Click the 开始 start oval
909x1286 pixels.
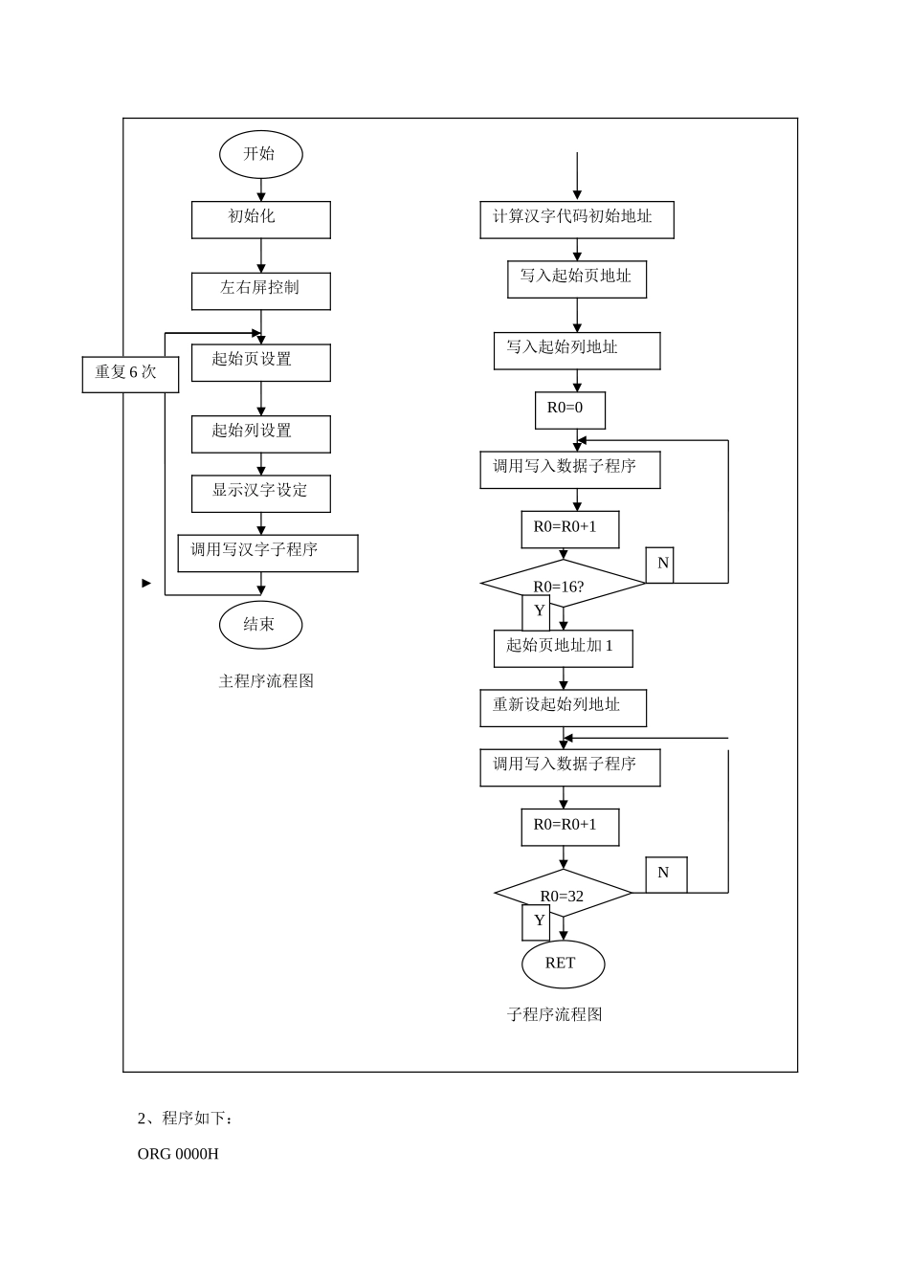[x=260, y=154]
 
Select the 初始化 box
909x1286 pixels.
[x=260, y=219]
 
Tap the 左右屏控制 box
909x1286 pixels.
[x=260, y=291]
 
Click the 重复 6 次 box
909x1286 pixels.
[x=130, y=374]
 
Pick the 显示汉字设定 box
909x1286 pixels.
[x=260, y=494]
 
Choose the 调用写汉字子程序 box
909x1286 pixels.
[x=267, y=553]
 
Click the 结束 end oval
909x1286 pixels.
[x=260, y=625]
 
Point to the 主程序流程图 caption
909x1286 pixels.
[x=266, y=681]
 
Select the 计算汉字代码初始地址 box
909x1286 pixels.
[x=576, y=219]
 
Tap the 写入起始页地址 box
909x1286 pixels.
[x=576, y=278]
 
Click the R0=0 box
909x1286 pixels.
[x=569, y=410]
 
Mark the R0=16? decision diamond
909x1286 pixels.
[x=563, y=584]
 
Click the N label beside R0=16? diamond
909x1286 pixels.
[x=660, y=565]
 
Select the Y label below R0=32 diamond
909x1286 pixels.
[x=537, y=921]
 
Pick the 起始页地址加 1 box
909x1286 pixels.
[x=563, y=648]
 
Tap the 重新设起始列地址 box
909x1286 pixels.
[x=563, y=707]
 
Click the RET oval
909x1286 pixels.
[x=563, y=964]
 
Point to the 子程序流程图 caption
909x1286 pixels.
[x=554, y=1014]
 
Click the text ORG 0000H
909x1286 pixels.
[x=178, y=1154]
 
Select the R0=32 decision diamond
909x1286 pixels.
[x=563, y=893]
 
